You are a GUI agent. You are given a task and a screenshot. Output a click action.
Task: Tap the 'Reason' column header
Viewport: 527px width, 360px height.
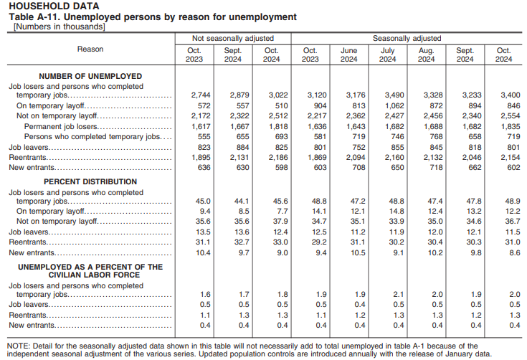tap(90, 49)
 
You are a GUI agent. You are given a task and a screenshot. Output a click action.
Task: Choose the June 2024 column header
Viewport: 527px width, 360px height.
tap(348, 55)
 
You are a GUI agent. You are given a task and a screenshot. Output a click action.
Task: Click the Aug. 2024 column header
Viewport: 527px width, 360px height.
tap(426, 55)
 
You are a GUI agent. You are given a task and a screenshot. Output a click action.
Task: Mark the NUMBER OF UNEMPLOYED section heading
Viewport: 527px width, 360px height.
tap(90, 76)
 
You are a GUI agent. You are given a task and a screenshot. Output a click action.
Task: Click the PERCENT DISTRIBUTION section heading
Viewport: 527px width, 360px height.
tap(90, 182)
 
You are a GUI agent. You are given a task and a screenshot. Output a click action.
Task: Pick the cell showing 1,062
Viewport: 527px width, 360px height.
tap(387, 105)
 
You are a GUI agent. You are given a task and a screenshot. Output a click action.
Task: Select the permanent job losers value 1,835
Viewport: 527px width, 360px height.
tap(503, 126)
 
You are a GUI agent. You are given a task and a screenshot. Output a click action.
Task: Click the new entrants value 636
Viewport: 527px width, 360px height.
tap(198, 168)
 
